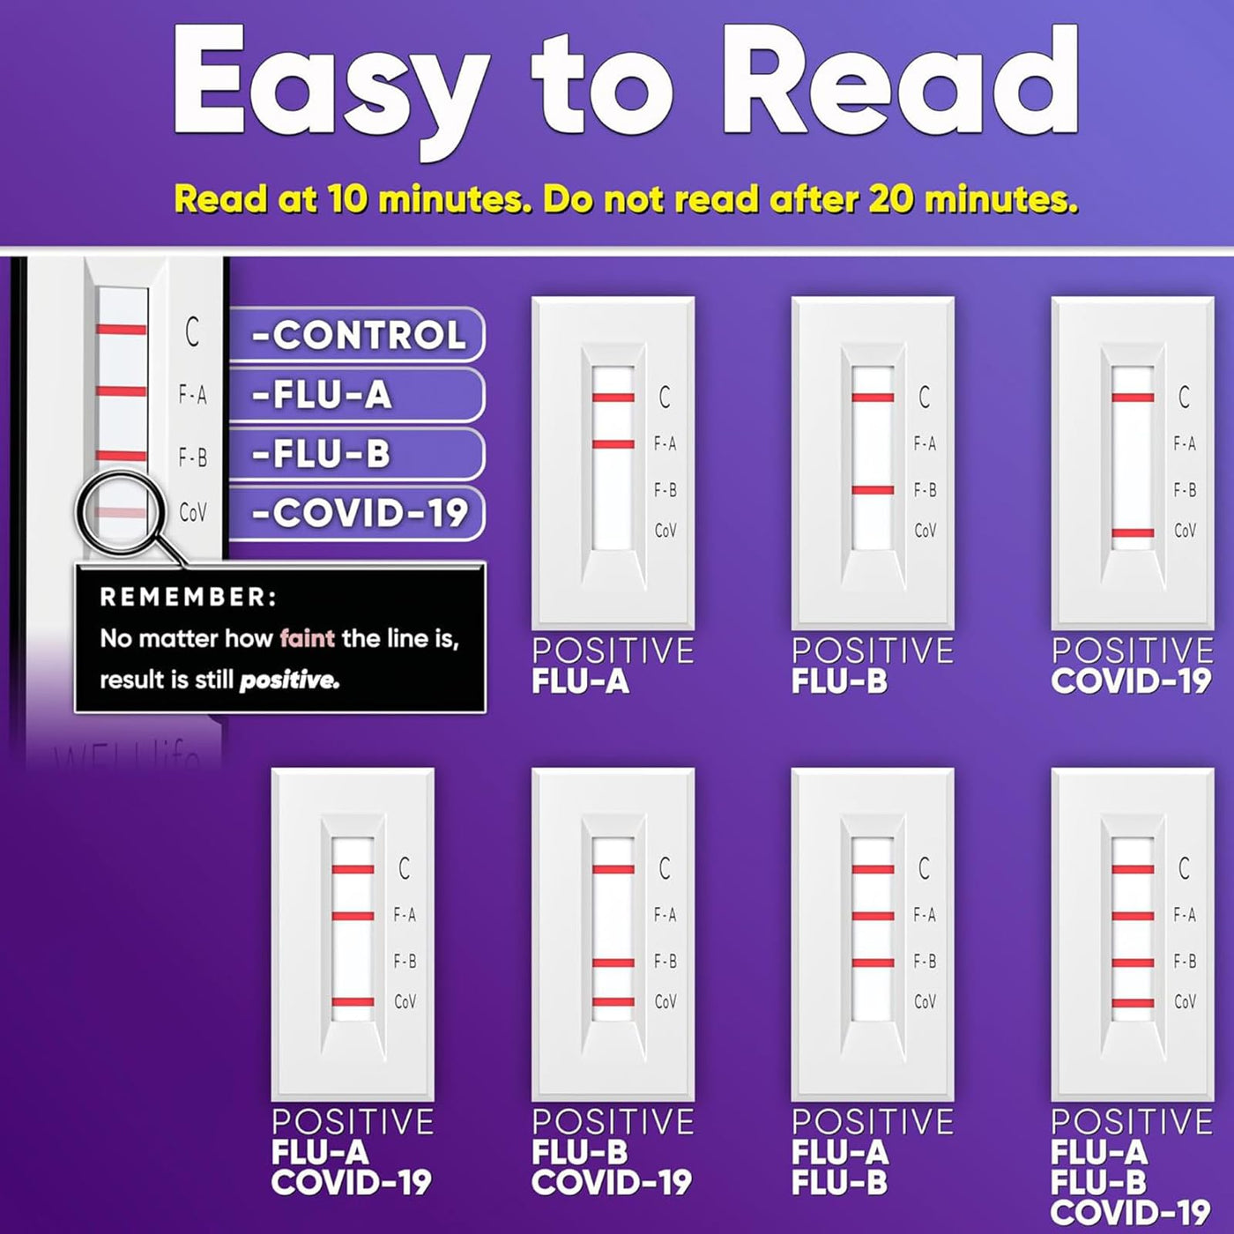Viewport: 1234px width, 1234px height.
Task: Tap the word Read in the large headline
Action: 900,80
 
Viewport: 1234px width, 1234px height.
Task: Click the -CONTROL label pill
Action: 357,335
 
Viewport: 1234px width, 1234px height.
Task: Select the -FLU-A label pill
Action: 357,395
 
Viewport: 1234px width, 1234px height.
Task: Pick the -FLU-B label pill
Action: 357,454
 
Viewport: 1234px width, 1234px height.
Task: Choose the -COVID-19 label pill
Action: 357,513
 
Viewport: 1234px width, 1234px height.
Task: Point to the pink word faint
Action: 308,638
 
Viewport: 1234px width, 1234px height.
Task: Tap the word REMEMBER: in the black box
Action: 189,597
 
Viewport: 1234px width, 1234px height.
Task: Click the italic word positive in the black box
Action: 289,680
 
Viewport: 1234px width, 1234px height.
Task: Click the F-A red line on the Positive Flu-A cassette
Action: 613,443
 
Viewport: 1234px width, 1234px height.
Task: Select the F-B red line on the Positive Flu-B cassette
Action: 873,491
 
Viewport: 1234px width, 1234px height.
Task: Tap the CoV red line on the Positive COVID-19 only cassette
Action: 1133,532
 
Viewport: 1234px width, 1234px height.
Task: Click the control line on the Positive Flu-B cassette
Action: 873,398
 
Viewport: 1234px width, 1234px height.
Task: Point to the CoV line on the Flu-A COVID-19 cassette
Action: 353,1002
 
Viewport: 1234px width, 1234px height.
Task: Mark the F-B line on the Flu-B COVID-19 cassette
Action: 613,963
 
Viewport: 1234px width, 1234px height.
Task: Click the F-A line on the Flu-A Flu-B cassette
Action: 873,916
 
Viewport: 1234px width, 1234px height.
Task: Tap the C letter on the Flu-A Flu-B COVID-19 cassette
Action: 1184,868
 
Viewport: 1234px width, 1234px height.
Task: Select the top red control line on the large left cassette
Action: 122,330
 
